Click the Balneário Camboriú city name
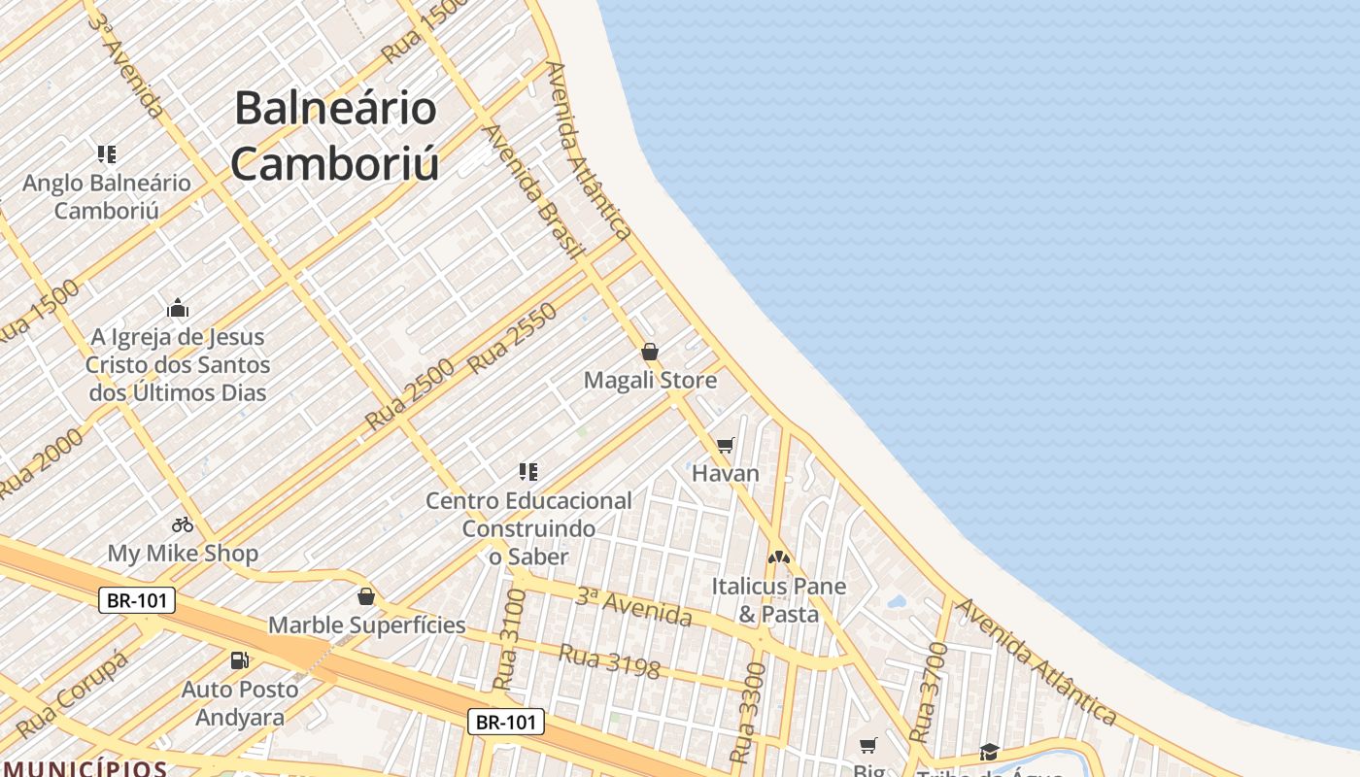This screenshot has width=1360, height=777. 335,136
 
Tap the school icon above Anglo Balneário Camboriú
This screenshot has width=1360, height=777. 107,153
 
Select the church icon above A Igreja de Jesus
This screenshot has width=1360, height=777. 178,309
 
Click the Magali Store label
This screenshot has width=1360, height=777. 650,380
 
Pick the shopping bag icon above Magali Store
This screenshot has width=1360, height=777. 650,352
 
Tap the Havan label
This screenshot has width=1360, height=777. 725,473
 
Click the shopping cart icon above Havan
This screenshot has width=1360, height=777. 725,445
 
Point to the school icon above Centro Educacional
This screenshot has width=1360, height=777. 528,472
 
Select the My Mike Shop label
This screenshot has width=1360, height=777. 183,554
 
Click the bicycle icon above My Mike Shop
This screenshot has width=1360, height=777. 183,524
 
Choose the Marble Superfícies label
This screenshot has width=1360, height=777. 366,625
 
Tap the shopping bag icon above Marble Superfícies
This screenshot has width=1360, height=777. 366,595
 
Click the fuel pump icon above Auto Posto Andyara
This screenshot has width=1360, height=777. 239,660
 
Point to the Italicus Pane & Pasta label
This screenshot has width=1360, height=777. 778,600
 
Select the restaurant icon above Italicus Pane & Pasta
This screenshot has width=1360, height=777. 778,557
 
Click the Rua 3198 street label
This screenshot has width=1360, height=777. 609,661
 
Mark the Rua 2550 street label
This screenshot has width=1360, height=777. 513,338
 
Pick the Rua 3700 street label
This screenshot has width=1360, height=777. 925,692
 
